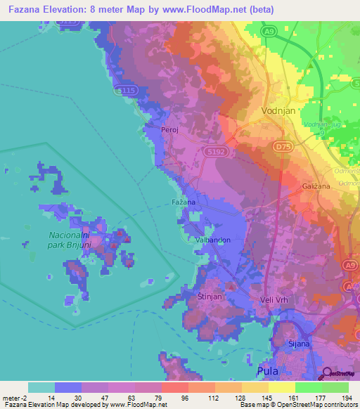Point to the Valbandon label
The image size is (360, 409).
[213, 240]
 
